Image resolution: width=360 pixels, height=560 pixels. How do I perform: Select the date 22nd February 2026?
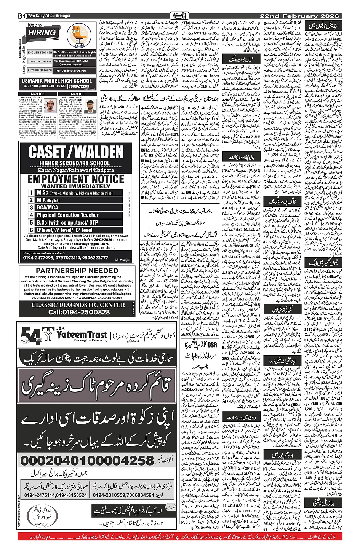[x=299, y=16]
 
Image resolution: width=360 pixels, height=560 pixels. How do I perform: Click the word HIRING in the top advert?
[x=42, y=33]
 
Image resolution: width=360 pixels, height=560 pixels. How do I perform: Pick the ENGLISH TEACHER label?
[x=40, y=53]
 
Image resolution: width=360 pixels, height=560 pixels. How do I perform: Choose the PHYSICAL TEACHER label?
[x=40, y=70]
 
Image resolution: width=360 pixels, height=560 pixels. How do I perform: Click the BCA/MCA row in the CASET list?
[x=48, y=207]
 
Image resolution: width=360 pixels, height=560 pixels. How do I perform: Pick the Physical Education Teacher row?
[x=67, y=215]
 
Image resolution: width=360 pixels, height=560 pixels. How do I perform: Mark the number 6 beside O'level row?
[x=32, y=230]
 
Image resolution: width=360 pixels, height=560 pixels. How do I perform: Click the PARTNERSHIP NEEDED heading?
[x=77, y=271]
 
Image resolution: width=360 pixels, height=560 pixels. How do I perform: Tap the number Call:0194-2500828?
[x=79, y=312]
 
